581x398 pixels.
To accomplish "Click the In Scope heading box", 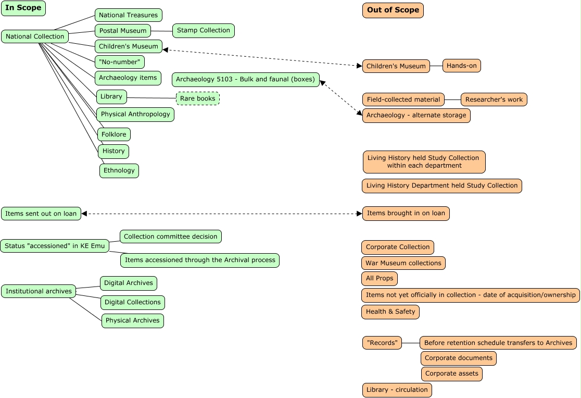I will (x=23, y=8).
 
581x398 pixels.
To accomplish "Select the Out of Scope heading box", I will (x=393, y=10).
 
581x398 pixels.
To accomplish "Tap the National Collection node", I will (x=35, y=36).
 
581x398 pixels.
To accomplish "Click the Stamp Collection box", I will (x=203, y=31).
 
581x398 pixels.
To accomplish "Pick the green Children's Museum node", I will (x=129, y=46).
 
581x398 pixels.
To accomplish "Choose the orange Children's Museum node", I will (x=396, y=66).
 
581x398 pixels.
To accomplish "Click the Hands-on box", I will (x=461, y=66).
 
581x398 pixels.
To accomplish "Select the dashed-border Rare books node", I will (x=198, y=98).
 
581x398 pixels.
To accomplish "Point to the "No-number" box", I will (x=119, y=62).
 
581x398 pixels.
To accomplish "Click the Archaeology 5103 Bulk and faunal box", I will (x=245, y=80).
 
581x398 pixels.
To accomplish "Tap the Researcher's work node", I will (x=494, y=99).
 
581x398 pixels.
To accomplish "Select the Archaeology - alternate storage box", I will (x=416, y=116).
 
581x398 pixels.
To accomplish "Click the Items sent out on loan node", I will (x=41, y=214).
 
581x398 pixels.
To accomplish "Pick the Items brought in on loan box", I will (x=406, y=214).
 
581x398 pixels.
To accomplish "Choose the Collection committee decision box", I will (x=170, y=237).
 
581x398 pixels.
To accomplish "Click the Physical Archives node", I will (x=132, y=321).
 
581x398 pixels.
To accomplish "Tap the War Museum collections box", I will (x=403, y=263).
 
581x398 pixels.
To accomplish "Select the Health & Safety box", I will (x=390, y=312).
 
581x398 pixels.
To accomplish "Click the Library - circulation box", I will (x=397, y=390).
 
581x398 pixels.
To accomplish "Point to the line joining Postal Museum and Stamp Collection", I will (x=161, y=31).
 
